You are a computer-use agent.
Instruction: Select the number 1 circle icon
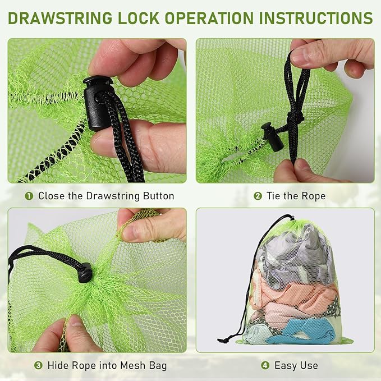(29, 196)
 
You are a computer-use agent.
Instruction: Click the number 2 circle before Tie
(258, 196)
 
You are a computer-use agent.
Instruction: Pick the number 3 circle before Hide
(38, 366)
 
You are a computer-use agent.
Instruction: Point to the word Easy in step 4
(286, 366)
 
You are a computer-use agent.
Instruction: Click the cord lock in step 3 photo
(85, 273)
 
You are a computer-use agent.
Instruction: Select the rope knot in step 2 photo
(296, 119)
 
